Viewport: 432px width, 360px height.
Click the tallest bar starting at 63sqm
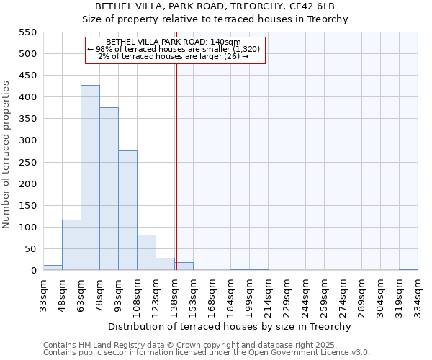(x=90, y=178)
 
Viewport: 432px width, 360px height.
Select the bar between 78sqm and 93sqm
(x=109, y=189)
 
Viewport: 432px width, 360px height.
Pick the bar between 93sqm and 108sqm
(x=127, y=210)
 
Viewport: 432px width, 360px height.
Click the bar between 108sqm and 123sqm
(x=146, y=253)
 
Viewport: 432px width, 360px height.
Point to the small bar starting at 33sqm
(x=53, y=267)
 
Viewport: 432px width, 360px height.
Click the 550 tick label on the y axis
(x=27, y=32)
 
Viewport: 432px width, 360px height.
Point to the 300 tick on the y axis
(x=27, y=140)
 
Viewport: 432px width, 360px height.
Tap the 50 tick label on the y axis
(x=29, y=249)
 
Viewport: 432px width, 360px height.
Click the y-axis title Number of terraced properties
(x=6, y=155)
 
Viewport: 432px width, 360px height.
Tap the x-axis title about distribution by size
(x=230, y=326)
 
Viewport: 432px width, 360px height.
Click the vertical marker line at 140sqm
(x=176, y=166)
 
